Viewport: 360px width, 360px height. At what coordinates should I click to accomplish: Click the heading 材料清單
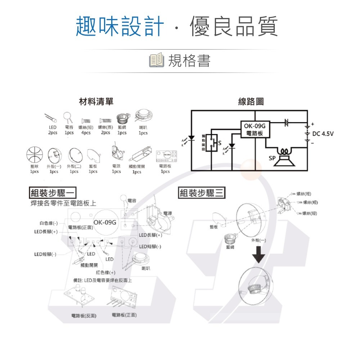[x=96, y=102]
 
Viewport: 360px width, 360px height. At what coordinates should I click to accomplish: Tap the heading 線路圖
[x=251, y=102]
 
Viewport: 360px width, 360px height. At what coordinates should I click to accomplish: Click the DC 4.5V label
[x=323, y=134]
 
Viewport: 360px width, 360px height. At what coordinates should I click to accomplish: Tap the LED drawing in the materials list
[x=51, y=118]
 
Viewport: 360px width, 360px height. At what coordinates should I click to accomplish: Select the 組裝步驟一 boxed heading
[x=53, y=193]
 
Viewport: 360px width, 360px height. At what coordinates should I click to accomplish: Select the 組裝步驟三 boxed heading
[x=202, y=193]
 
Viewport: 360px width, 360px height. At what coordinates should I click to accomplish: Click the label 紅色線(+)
[x=105, y=273]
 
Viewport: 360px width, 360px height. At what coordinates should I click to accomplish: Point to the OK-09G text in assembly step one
[x=105, y=222]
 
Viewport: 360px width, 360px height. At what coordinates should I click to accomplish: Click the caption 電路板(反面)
[x=84, y=316]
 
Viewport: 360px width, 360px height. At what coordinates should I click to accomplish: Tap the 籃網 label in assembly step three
[x=230, y=247]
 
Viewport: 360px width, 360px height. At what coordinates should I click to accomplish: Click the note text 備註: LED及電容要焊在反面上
[x=102, y=280]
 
